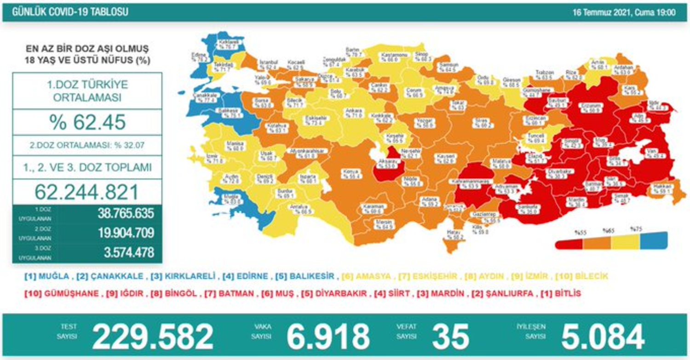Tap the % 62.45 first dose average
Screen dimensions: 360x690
point(87,122)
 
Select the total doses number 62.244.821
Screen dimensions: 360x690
point(87,191)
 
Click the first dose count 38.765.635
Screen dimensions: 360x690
point(124,214)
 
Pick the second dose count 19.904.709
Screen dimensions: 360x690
point(124,233)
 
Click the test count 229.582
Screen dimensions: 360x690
point(153,337)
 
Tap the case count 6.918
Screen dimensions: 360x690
point(328,337)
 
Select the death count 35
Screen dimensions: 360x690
point(450,337)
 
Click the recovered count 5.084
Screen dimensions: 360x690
point(602,337)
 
